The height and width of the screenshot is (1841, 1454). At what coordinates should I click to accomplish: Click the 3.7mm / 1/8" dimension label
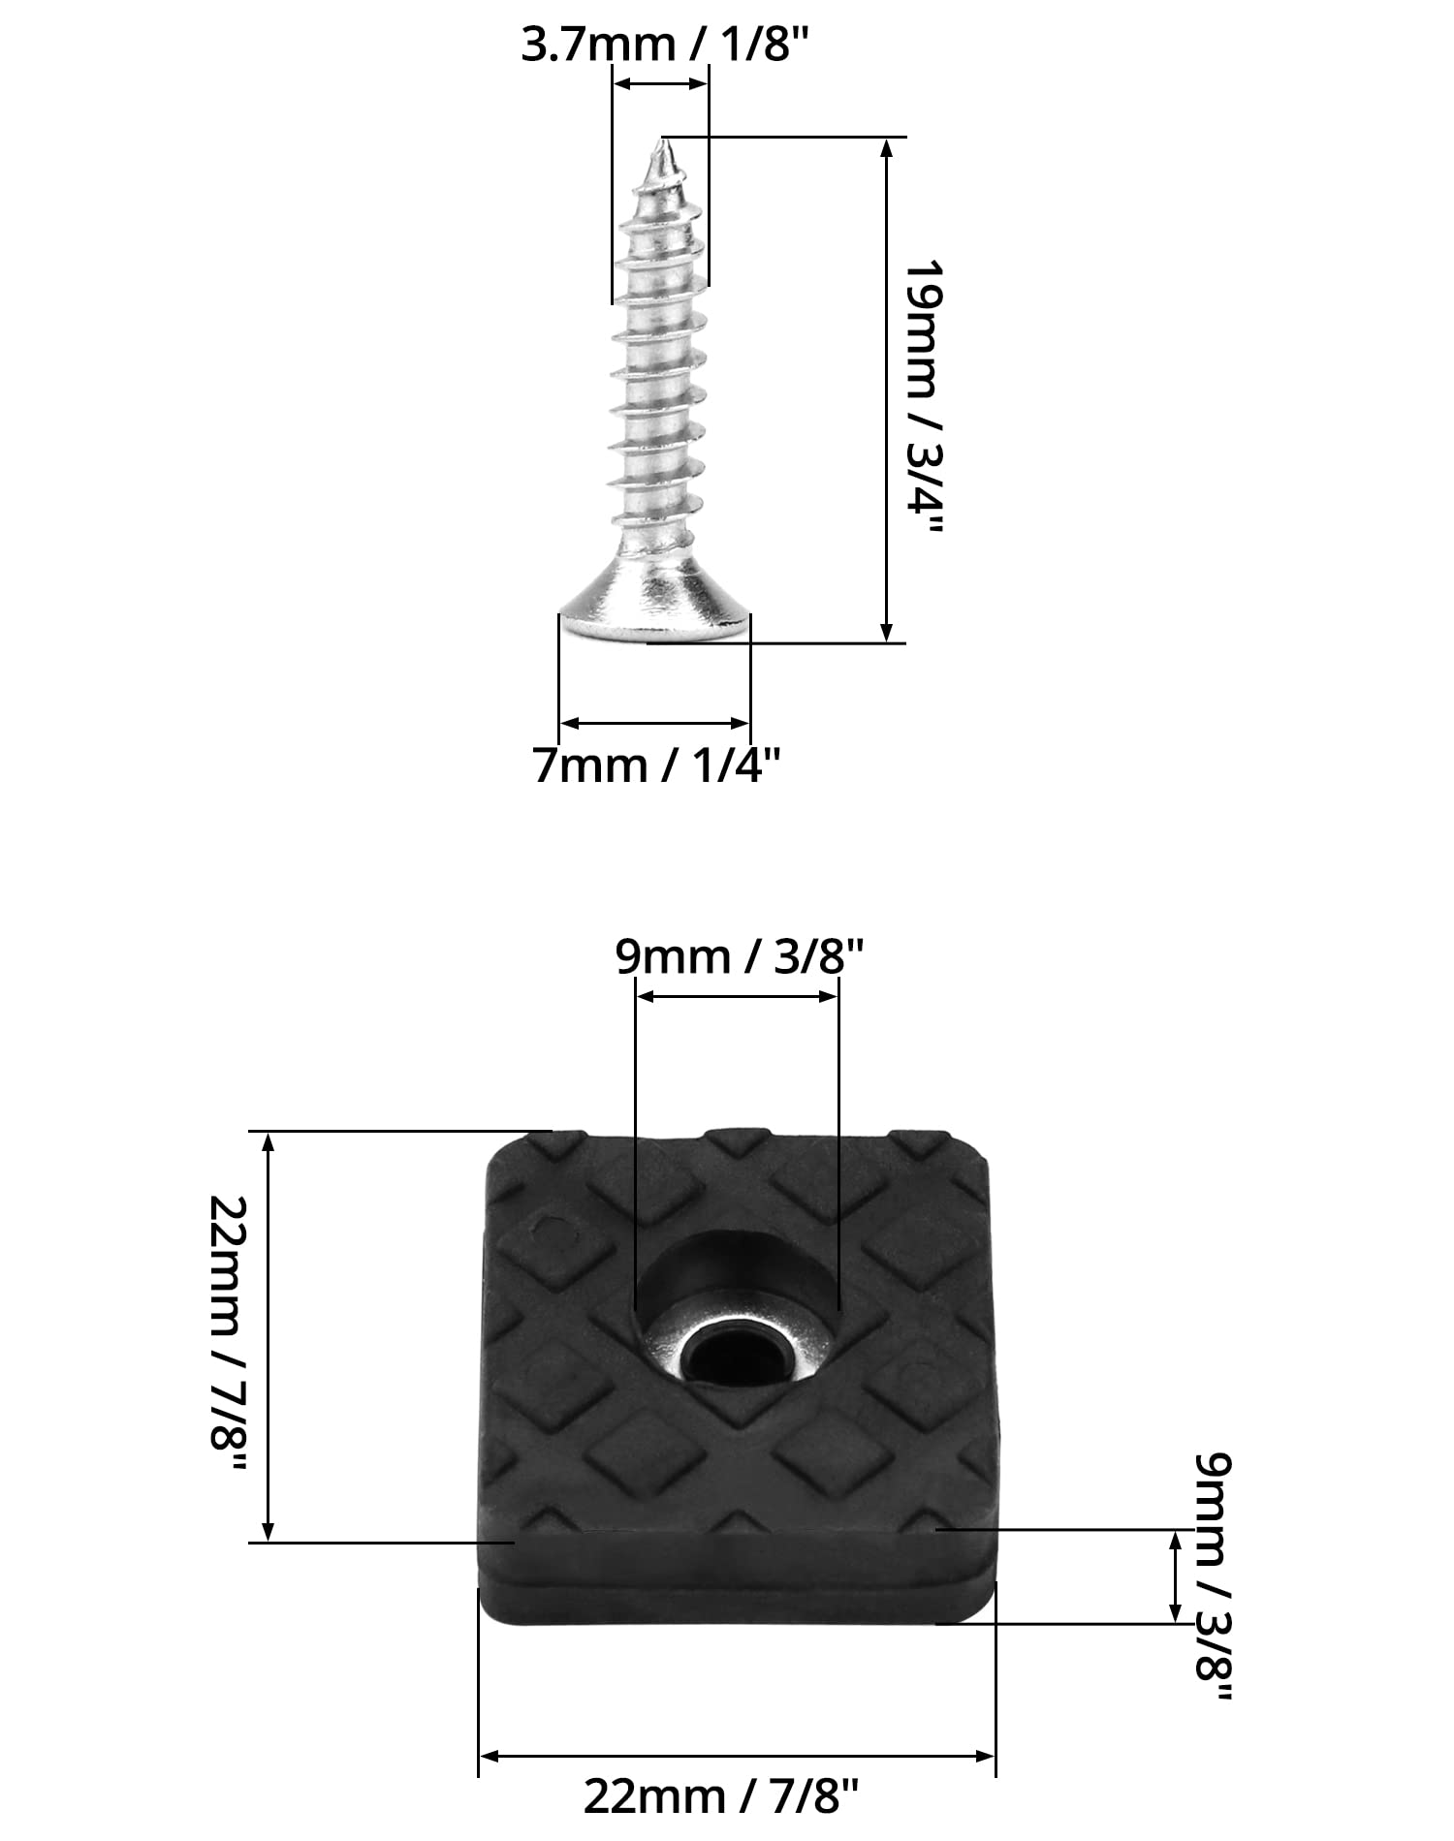664,46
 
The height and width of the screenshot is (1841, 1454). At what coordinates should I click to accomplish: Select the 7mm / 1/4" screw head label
657,766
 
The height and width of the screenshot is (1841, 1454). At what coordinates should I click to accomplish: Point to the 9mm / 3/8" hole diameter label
739,957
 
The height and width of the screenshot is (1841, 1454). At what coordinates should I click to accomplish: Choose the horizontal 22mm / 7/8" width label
721,1797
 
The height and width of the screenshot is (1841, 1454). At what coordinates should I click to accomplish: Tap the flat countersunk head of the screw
655,603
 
